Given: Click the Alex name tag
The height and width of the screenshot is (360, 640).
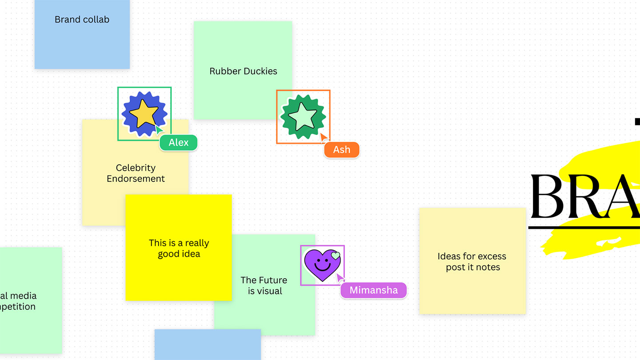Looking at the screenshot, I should [179, 143].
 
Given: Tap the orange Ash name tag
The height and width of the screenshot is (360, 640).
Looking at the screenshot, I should [341, 150].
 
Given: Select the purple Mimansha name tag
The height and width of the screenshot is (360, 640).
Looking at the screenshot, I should [373, 290].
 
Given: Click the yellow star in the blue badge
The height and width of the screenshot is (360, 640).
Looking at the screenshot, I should [143, 113].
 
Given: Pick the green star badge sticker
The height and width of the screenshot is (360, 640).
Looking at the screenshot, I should [303, 116].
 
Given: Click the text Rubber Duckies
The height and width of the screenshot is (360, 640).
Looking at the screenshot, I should [243, 71].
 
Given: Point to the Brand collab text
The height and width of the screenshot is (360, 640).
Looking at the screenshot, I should [82, 20].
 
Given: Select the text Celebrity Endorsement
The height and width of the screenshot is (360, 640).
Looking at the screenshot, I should [136, 173].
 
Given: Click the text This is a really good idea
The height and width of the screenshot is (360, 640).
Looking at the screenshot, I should [179, 248].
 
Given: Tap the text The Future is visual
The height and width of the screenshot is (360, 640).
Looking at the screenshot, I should [264, 285].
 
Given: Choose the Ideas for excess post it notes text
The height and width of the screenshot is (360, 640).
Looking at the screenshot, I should [472, 262].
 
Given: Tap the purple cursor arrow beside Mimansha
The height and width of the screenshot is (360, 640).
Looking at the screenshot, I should [340, 278].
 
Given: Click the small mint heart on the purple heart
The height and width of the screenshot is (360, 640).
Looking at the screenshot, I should [336, 256].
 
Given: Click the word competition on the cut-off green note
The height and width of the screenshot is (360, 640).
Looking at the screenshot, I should [18, 307].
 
